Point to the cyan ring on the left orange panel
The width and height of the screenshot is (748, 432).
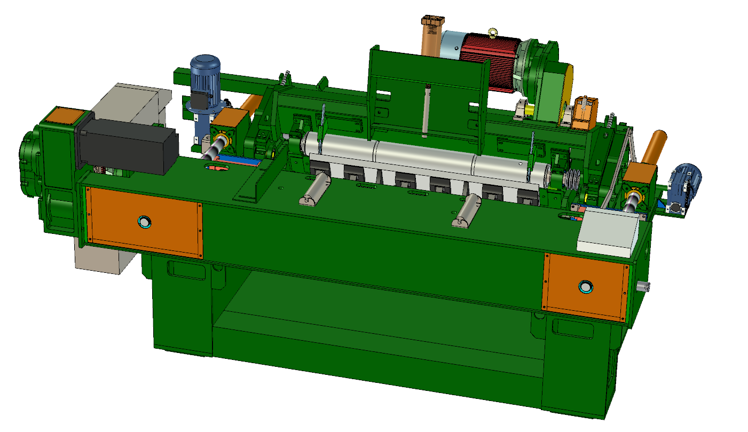[144, 221]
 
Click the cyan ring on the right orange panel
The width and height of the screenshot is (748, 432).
[585, 287]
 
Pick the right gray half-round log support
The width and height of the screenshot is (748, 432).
[468, 210]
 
